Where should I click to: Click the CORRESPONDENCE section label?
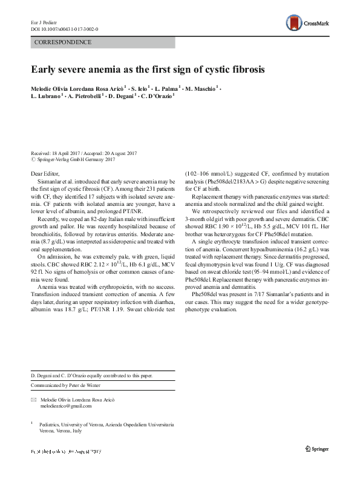(x=64, y=42)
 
